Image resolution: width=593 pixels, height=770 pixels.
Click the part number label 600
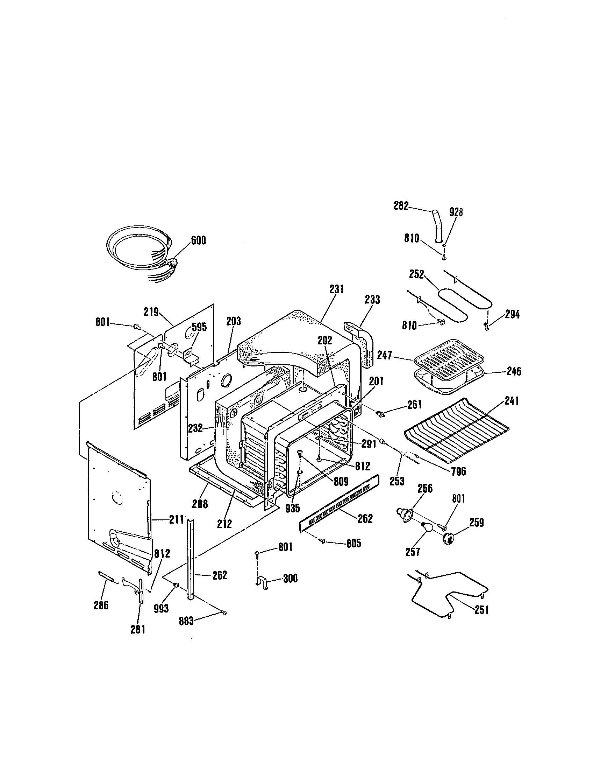pos(198,240)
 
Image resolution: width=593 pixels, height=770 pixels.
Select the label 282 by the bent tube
pos(401,205)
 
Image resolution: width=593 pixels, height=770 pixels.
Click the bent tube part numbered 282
pos(437,226)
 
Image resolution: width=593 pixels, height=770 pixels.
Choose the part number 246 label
pos(514,371)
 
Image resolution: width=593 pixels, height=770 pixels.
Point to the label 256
pos(425,489)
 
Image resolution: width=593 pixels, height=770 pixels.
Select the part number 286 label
pos(101,605)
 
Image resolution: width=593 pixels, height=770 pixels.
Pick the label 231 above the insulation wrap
pos(337,289)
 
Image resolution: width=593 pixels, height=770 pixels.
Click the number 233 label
pos(372,300)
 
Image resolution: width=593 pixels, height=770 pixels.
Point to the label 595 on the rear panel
pos(199,327)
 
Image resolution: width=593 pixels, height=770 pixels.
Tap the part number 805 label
pos(353,543)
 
